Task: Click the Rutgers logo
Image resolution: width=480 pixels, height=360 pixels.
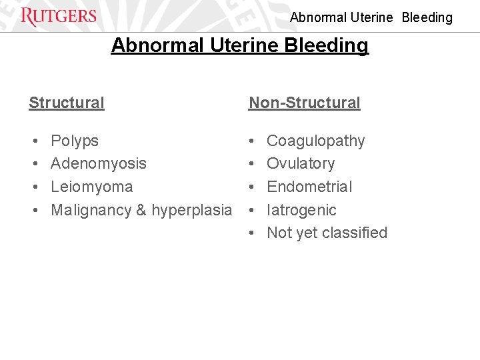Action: tap(59, 17)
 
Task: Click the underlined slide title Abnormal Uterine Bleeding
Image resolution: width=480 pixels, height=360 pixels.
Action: tap(239, 45)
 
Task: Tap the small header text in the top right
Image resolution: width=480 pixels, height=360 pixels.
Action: tap(371, 17)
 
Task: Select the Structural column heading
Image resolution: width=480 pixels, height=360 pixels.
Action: tap(67, 103)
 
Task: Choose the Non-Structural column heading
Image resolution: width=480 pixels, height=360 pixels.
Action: tap(304, 103)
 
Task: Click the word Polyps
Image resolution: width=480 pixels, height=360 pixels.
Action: tap(75, 141)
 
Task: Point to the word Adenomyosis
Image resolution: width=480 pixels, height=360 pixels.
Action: tap(99, 163)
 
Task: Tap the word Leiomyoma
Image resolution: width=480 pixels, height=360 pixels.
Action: tap(92, 187)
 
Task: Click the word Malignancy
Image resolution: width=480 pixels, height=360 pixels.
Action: tap(91, 210)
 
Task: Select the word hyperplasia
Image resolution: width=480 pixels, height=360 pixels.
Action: tap(192, 210)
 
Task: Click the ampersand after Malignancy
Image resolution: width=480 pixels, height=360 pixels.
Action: tap(141, 210)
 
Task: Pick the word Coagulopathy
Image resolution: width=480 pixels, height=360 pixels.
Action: tap(316, 141)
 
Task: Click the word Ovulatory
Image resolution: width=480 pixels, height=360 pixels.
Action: tap(301, 163)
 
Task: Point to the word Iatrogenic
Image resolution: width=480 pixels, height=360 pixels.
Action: tap(301, 210)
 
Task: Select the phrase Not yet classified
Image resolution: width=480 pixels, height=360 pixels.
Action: tap(327, 233)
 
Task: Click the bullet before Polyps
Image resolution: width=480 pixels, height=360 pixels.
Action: tap(34, 141)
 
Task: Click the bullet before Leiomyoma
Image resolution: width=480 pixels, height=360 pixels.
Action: tap(34, 187)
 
